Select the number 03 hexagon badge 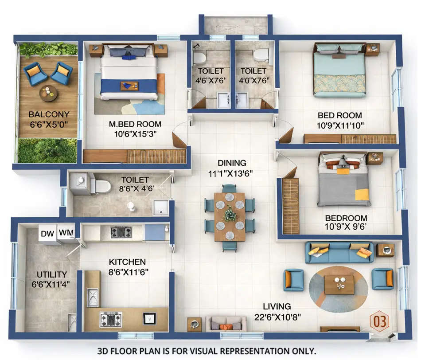point(379,321)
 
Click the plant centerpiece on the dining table point(230,215)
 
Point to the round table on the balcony point(48,93)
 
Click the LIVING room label point(277,306)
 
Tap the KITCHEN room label point(128,262)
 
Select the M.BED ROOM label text point(135,124)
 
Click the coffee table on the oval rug point(339,285)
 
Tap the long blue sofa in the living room point(339,252)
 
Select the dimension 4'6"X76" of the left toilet point(211,81)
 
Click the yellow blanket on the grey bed point(362,194)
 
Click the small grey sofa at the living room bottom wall point(226,323)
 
